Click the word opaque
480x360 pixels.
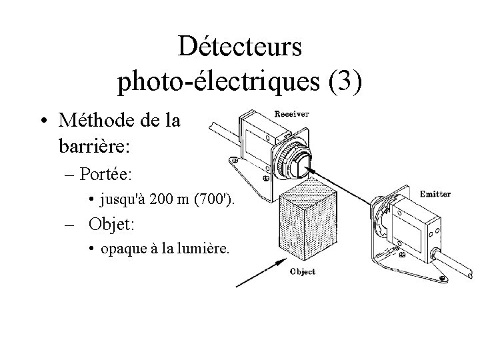pos(122,249)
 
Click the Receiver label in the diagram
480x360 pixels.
pos(291,114)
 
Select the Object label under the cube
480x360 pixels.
pos(302,271)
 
